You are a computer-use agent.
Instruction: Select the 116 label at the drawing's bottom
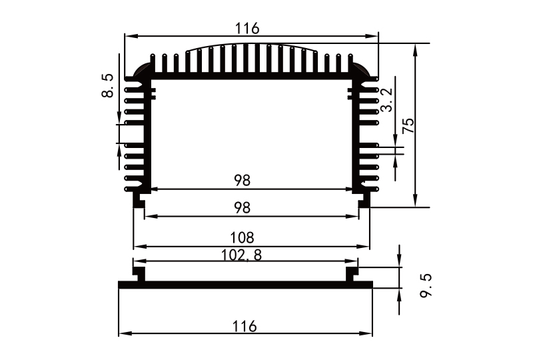tap(245, 326)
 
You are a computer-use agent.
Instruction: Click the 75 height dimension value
tap(408, 127)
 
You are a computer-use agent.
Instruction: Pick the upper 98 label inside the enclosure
tap(243, 180)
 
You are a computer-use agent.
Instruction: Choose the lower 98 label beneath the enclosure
tap(243, 207)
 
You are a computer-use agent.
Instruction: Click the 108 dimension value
tap(243, 237)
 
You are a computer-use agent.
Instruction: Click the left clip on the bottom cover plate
tap(140, 273)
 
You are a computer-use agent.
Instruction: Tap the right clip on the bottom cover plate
tap(351, 273)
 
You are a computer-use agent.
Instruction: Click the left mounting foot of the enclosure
tap(139, 200)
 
